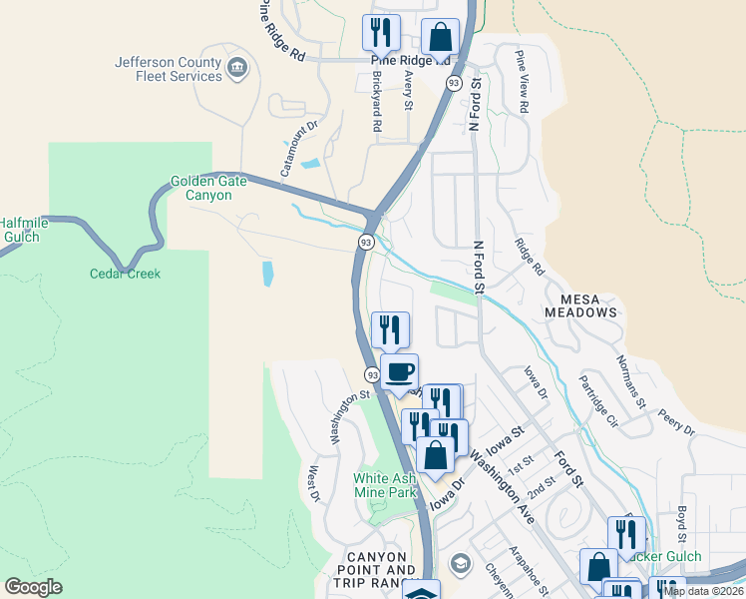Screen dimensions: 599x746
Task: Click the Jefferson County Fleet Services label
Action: [168, 69]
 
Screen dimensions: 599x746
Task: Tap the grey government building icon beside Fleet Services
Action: [237, 68]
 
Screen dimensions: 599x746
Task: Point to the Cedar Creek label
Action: [125, 274]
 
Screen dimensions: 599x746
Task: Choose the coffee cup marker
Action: [399, 372]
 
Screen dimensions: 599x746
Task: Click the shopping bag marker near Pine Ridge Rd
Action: [440, 38]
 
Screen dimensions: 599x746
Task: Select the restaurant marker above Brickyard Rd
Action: [381, 32]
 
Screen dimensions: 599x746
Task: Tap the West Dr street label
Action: [313, 483]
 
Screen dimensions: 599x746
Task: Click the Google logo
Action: [33, 587]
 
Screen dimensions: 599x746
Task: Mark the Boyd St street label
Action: [683, 522]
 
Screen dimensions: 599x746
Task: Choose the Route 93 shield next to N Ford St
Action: [454, 84]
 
